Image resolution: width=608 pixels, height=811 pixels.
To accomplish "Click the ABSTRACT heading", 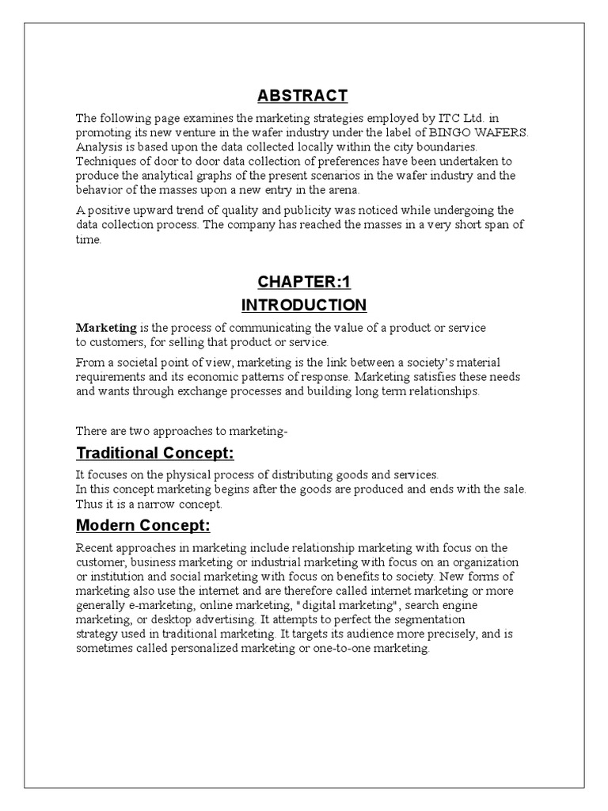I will tap(303, 96).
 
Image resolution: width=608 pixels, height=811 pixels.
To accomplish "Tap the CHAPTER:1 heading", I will tap(303, 283).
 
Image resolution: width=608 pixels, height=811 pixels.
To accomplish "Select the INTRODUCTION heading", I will tap(303, 305).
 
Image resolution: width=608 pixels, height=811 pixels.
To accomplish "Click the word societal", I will tap(142, 363).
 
